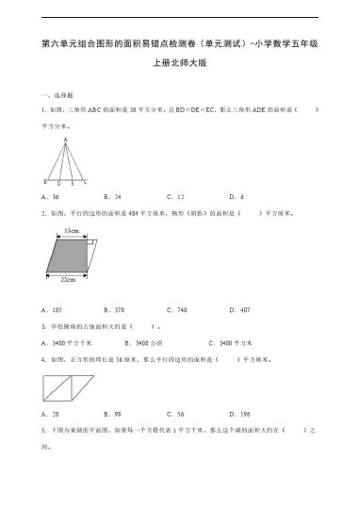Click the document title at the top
coord(180,43)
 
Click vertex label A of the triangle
coord(65,140)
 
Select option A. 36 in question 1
coord(51,197)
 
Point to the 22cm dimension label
coord(67,281)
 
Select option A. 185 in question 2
coord(53,309)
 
